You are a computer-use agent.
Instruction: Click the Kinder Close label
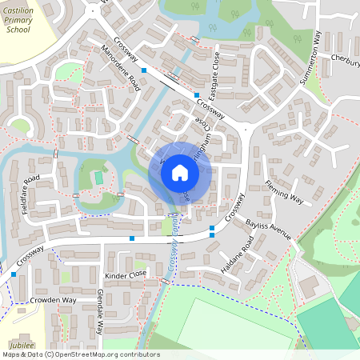[126, 274]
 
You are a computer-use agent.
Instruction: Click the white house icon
[180, 172]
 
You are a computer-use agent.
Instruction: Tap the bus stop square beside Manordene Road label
[143, 73]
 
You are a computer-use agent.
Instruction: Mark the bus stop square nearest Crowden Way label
[14, 274]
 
